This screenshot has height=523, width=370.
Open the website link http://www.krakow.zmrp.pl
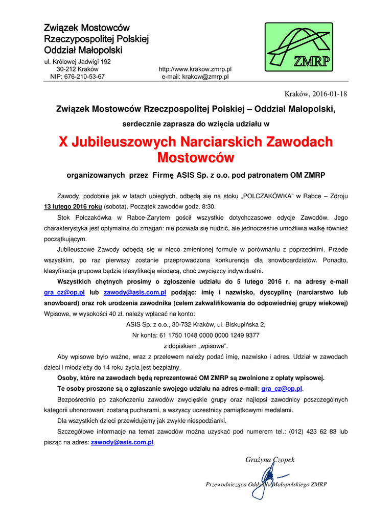click(x=195, y=68)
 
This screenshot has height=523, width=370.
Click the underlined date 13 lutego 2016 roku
click(x=73, y=207)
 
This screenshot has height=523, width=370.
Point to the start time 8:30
click(x=206, y=207)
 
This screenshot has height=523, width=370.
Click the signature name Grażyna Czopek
click(x=270, y=460)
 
